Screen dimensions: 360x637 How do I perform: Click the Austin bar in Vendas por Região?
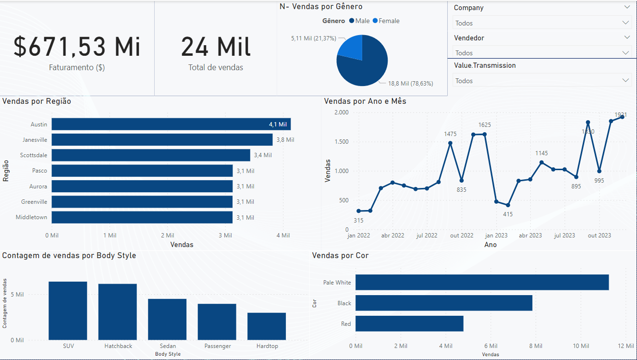click(x=171, y=124)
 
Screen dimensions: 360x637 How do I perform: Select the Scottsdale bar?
click(x=151, y=155)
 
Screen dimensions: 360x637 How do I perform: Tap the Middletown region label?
click(x=32, y=217)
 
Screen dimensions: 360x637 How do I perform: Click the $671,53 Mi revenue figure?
click(x=77, y=47)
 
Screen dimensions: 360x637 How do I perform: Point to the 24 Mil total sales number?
click(x=216, y=47)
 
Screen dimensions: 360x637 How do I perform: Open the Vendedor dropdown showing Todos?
click(x=541, y=53)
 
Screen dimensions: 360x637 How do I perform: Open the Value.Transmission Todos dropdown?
click(x=541, y=81)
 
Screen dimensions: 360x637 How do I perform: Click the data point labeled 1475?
click(x=450, y=143)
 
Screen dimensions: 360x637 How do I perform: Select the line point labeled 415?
click(x=508, y=205)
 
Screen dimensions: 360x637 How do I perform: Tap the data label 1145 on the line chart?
click(x=541, y=153)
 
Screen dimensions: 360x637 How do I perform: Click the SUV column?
click(x=68, y=310)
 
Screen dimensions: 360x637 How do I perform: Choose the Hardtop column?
click(x=267, y=326)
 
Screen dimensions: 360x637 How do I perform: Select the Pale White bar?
click(x=482, y=282)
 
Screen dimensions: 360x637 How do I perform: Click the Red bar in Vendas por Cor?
click(x=409, y=323)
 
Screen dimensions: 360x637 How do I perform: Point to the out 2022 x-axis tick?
click(x=462, y=236)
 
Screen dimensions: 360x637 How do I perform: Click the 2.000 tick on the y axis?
click(x=341, y=112)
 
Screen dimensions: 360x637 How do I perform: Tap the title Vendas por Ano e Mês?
click(x=365, y=101)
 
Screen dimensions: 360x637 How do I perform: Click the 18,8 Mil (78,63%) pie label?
click(x=410, y=84)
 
